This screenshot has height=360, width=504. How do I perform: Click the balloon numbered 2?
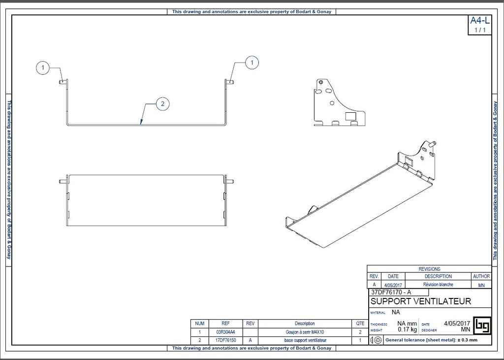click(163, 103)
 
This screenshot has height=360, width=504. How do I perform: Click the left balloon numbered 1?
click(43, 68)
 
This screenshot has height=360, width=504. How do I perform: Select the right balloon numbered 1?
click(252, 63)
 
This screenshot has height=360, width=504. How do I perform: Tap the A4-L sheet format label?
click(479, 21)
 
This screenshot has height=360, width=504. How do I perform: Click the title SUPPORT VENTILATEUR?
click(420, 301)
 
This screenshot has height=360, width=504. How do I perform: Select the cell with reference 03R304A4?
click(225, 332)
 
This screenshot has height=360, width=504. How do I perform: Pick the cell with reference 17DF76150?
click(225, 340)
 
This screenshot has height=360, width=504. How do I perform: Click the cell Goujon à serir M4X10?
click(305, 332)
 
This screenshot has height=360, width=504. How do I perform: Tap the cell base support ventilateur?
click(305, 340)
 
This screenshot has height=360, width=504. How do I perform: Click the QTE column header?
click(360, 324)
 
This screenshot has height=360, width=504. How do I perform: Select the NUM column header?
click(200, 324)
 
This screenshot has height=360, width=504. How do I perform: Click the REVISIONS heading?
click(429, 269)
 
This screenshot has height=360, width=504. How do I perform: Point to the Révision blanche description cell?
click(438, 285)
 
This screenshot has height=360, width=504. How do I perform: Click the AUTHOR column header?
click(481, 277)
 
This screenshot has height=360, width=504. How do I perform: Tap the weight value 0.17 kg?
click(407, 330)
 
